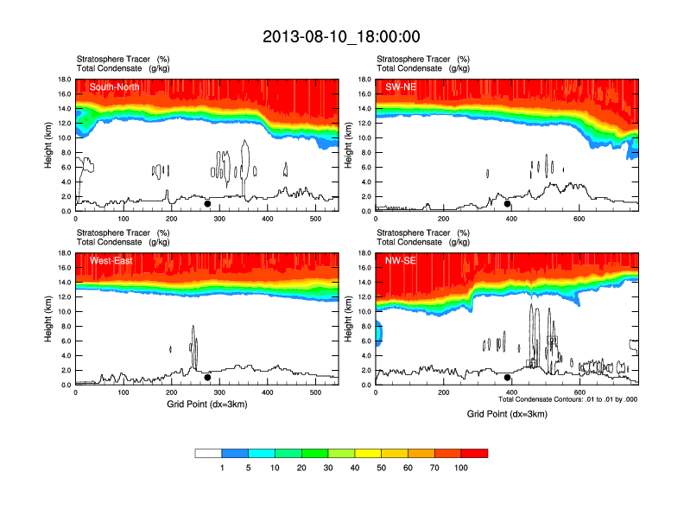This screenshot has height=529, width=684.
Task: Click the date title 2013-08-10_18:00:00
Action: coord(341,36)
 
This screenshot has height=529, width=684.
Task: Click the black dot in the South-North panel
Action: coord(207,204)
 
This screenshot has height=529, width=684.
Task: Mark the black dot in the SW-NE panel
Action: coord(508,204)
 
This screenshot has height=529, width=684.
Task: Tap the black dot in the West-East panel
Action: coord(207,377)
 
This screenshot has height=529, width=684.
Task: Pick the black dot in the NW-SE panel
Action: coord(508,377)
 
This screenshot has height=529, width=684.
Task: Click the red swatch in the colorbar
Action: coord(474,453)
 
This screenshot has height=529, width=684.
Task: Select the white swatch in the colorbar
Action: coord(208,453)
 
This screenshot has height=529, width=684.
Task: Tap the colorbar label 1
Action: coord(222,468)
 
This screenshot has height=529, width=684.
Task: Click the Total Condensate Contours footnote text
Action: coord(567,399)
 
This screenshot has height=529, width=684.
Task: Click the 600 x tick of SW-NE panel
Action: coord(578,219)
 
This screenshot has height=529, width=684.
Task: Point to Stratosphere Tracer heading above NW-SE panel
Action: coord(415,233)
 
